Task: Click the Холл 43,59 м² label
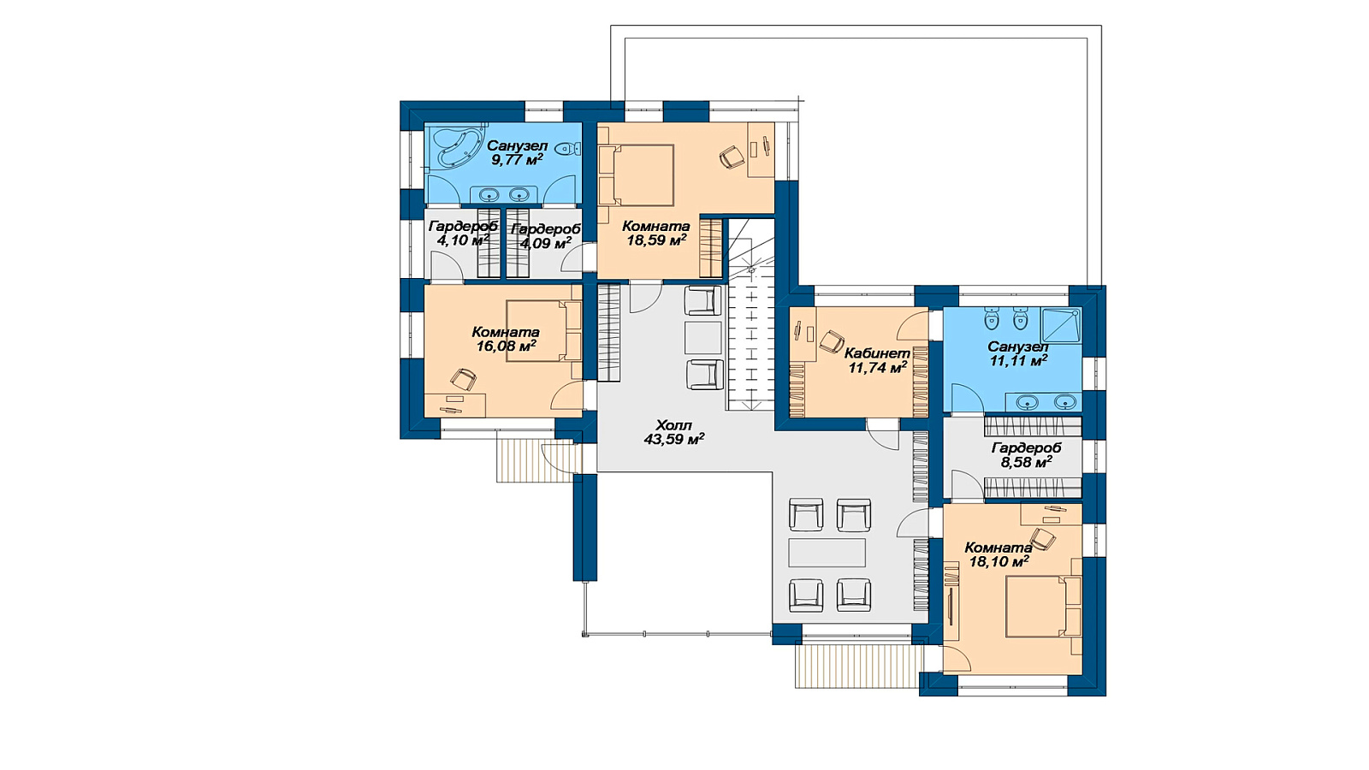tap(674, 431)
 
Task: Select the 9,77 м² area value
tap(517, 160)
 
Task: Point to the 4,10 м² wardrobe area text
tap(463, 240)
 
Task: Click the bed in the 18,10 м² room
tap(1043, 607)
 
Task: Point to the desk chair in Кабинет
tap(831, 341)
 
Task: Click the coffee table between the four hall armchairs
tap(827, 553)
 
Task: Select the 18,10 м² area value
tap(999, 561)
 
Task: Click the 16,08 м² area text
tap(506, 346)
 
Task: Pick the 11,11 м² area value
tap(1018, 361)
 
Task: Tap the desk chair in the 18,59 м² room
tap(732, 157)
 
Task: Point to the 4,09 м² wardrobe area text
tap(545, 243)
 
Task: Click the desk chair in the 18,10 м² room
tap(1043, 539)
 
